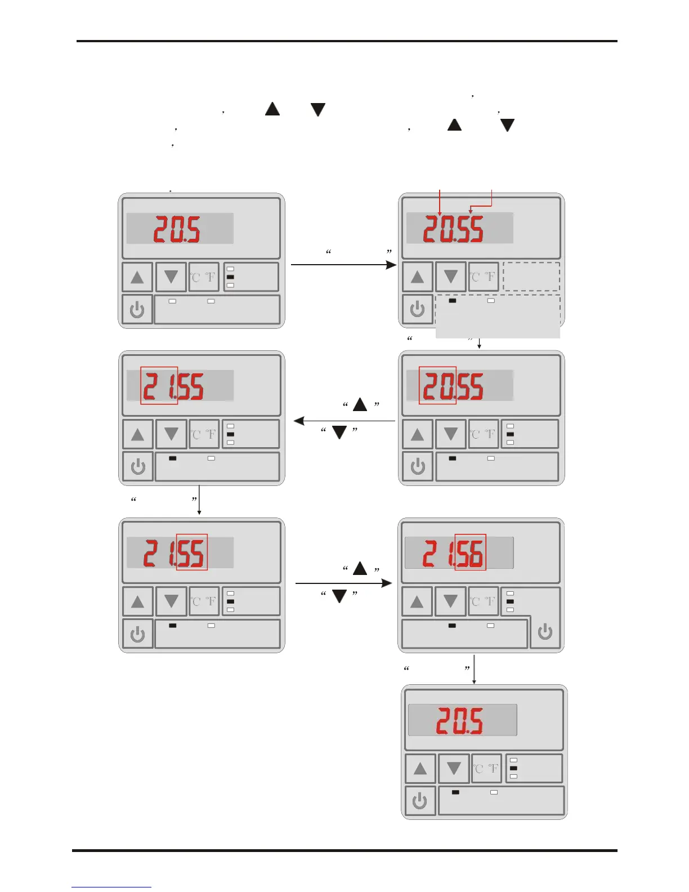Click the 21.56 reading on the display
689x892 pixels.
pyautogui.click(x=453, y=554)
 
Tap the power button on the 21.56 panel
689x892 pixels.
pyautogui.click(x=545, y=632)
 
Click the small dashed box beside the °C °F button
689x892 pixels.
pyautogui.click(x=531, y=276)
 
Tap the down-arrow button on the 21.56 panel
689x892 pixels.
pyautogui.click(x=450, y=601)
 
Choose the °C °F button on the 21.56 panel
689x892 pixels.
pyautogui.click(x=484, y=601)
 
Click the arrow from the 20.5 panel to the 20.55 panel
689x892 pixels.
pyautogui.click(x=343, y=264)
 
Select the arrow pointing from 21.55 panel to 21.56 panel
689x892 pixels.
pyautogui.click(x=343, y=583)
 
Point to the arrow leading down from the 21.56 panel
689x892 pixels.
pyautogui.click(x=474, y=669)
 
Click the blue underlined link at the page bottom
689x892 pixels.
pyautogui.click(x=111, y=887)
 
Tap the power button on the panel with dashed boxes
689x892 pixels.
pyautogui.click(x=417, y=309)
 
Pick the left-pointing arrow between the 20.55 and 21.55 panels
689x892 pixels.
pyautogui.click(x=344, y=421)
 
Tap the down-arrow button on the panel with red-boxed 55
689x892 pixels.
pyautogui.click(x=171, y=601)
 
